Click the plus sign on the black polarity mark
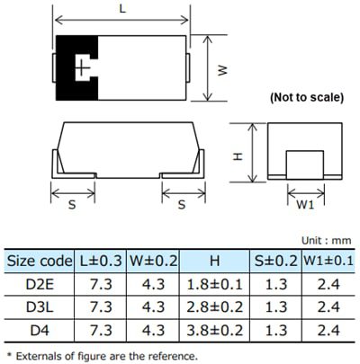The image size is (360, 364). click(83, 67)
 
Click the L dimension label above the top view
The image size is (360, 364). click(122, 8)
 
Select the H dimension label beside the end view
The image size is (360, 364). click(238, 155)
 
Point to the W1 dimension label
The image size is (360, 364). click(305, 204)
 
